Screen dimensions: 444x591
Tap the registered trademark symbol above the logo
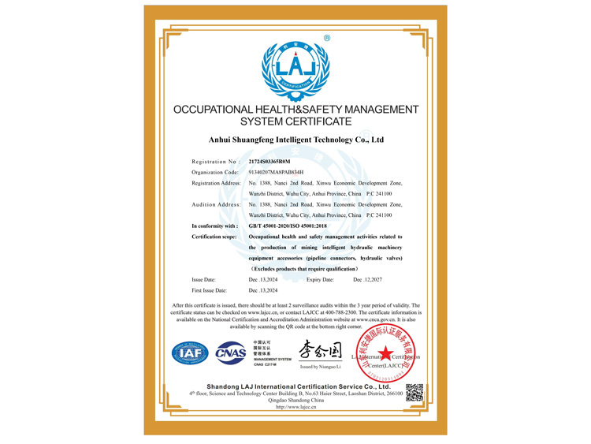point(327,38)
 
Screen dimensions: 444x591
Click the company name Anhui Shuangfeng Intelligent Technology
point(295,140)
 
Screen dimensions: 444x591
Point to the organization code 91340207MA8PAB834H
point(277,172)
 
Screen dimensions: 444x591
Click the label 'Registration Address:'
point(216,183)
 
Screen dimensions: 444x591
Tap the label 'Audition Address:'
point(216,204)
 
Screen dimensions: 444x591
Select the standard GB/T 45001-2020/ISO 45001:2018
point(293,226)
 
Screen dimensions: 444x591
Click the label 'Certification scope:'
point(214,237)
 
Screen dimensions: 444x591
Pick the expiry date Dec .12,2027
point(367,279)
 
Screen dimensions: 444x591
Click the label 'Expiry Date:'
point(320,279)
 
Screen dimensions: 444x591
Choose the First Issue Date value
point(263,290)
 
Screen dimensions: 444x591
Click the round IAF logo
point(190,353)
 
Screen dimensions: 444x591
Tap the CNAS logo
point(231,353)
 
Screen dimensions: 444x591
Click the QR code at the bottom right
point(414,392)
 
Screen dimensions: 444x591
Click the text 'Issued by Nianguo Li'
point(321,367)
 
